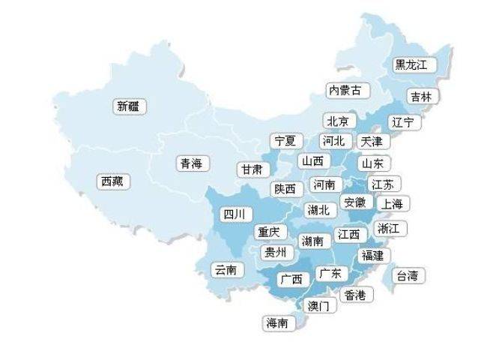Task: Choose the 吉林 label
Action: click(420, 97)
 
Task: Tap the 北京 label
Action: click(337, 121)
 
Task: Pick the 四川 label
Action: click(233, 214)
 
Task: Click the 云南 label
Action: click(226, 269)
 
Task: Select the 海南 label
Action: click(276, 323)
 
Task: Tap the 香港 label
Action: click(355, 295)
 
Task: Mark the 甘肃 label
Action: click(252, 169)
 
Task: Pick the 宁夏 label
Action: click(285, 140)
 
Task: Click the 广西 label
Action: click(291, 279)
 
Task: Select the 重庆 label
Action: click(268, 232)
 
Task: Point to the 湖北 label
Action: click(318, 210)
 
